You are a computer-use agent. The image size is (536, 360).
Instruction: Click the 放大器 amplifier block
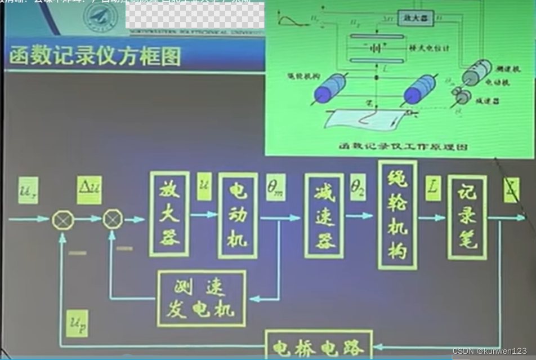click(x=169, y=214)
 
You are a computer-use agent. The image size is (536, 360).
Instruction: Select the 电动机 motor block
click(x=237, y=215)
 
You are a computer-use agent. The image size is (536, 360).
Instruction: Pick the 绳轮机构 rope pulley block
click(x=397, y=214)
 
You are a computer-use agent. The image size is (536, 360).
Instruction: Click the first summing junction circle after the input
click(x=62, y=219)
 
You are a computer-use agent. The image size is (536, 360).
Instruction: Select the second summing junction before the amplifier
click(x=113, y=219)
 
